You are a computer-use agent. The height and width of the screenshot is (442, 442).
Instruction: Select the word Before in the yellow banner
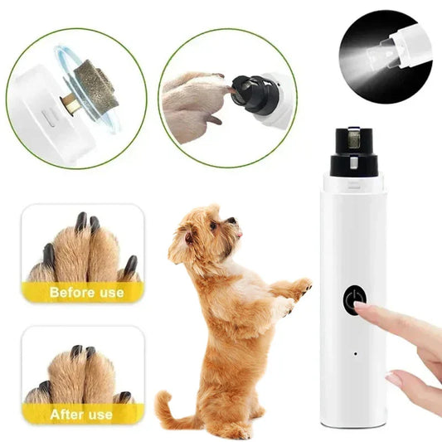70,293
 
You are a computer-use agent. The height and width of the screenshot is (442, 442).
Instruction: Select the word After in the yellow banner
70,414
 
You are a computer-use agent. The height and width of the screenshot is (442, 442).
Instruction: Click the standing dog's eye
214,224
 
